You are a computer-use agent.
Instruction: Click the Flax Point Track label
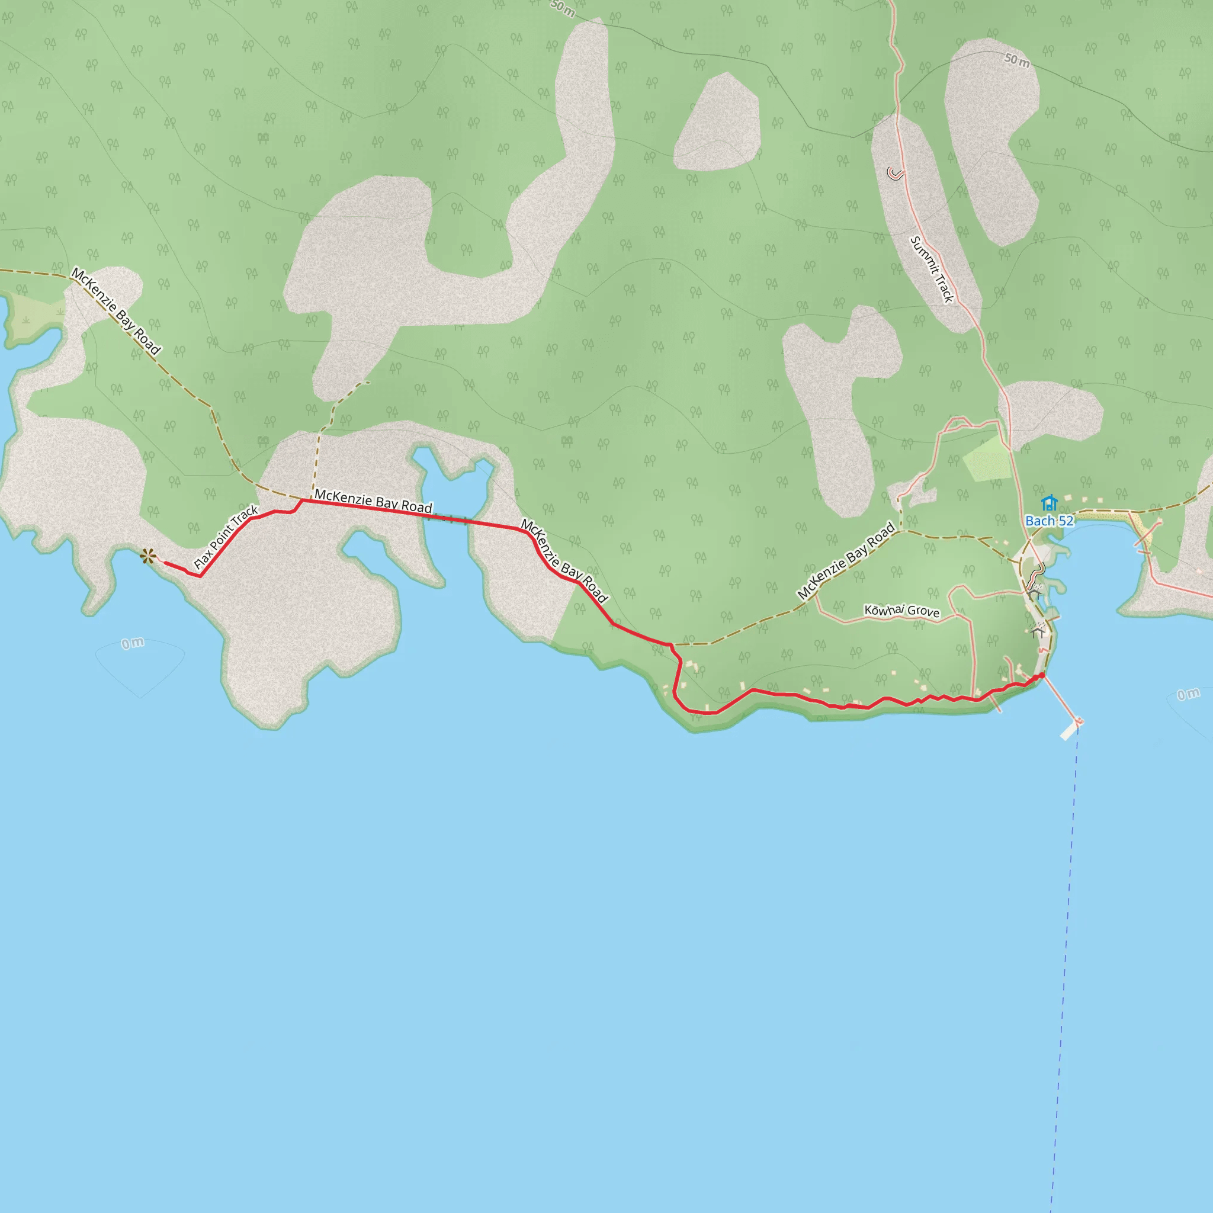226,537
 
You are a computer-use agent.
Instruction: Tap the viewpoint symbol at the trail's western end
148,556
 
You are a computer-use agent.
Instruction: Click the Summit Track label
932,269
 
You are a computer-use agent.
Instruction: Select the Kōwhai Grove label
901,611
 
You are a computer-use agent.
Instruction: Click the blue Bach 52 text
1049,521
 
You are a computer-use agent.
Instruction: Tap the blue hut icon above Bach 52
1049,503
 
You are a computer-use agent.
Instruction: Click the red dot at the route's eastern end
1042,676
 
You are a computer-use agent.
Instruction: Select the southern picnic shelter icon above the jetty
1038,630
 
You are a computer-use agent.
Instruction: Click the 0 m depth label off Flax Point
133,644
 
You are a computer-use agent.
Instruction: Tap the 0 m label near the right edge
1188,694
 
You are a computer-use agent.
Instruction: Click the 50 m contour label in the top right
1016,61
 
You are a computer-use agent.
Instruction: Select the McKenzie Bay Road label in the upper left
115,311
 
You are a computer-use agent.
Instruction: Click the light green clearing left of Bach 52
987,458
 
